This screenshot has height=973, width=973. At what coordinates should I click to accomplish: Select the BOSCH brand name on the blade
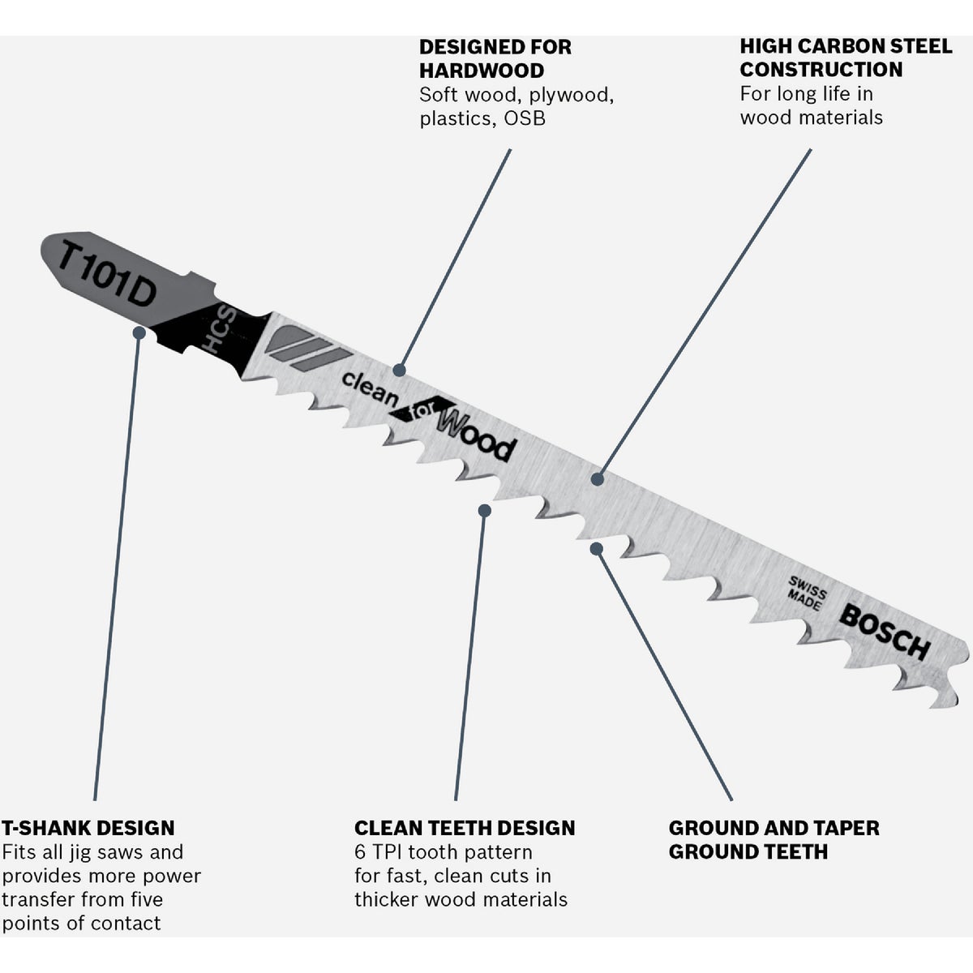pos(884,631)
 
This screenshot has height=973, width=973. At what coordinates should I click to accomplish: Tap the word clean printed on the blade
pos(370,390)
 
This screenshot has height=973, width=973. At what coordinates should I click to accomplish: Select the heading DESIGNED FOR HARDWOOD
pos(495,58)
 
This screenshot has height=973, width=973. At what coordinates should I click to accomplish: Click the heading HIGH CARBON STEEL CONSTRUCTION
pos(846,58)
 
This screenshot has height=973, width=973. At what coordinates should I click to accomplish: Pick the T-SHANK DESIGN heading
pos(88,828)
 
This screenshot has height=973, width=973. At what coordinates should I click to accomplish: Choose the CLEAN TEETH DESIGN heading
pos(465,828)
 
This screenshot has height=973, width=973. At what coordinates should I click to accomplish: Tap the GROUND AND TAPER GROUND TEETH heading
pos(774,839)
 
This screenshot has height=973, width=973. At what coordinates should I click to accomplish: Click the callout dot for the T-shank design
pos(139,332)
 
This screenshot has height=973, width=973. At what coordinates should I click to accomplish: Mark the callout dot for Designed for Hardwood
pos(399,370)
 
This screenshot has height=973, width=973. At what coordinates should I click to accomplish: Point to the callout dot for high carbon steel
pos(598,479)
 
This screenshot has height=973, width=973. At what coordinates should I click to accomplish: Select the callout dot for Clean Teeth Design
pos(484,510)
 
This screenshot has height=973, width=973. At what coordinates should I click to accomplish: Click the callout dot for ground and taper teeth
pos(597,549)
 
